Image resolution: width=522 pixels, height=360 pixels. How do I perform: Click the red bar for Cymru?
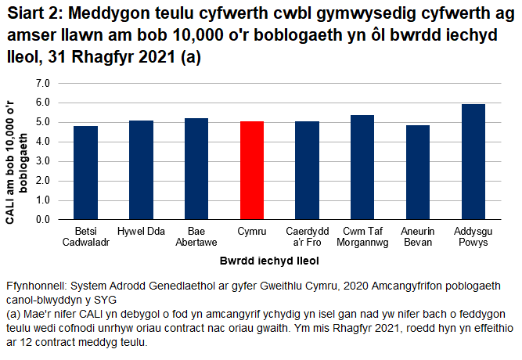pos(252,171)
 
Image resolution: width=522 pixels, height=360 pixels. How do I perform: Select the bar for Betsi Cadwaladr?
pos(85,173)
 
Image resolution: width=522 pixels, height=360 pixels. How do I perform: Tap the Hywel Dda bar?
pos(141,170)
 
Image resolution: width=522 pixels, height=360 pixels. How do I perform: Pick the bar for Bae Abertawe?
pos(196,169)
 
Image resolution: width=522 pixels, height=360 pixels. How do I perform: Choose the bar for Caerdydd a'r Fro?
pos(308,171)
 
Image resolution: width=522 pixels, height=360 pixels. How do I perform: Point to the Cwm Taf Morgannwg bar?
pos(363,167)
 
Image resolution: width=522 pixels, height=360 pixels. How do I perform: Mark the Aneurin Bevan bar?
pos(418,172)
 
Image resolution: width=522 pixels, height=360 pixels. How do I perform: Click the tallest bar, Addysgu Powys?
pos(473,162)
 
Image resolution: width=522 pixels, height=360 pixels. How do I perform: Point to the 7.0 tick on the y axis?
pos(42,83)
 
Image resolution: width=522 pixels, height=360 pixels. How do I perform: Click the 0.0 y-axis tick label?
pos(42,220)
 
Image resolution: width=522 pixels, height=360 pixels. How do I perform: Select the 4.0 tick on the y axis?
pos(42,142)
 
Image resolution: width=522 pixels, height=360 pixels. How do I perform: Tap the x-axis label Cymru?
pos(252,232)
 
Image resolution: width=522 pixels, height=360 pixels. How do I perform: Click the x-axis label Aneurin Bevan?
pos(418,237)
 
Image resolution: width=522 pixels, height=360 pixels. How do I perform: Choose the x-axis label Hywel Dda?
pos(141,232)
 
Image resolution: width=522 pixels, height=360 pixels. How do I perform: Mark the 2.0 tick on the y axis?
pos(42,181)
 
